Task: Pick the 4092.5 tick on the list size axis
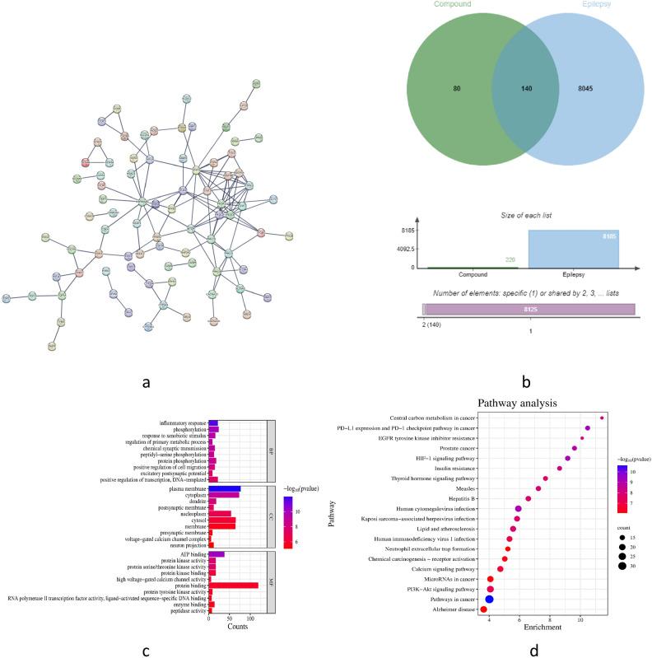(403, 249)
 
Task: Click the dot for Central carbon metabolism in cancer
(603, 418)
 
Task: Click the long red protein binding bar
(234, 585)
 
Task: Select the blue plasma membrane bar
(225, 488)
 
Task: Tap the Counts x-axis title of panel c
(237, 626)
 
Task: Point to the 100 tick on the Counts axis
(250, 618)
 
